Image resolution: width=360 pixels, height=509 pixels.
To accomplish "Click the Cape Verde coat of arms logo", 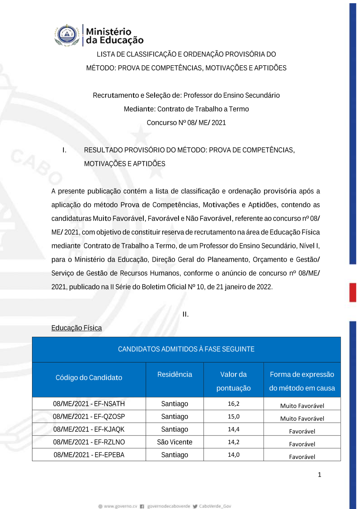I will click(67, 35).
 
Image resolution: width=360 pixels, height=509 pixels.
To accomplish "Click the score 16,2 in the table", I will click(233, 404).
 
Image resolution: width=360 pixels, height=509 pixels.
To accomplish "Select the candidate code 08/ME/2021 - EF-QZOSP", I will click(89, 416).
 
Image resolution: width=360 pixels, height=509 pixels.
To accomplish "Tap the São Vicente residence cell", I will click(175, 442).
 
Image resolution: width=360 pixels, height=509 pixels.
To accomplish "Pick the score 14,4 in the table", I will click(233, 429).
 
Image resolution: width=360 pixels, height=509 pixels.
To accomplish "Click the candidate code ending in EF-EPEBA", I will click(89, 455).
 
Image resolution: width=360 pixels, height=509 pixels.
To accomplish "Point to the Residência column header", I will click(175, 374).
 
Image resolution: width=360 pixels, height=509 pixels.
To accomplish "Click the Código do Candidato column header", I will click(89, 378).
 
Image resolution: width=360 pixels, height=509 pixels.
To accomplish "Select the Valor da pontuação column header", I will click(233, 381).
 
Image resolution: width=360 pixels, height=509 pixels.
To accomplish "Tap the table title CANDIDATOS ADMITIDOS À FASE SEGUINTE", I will click(186, 349).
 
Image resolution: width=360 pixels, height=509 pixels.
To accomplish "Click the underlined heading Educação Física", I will click(77, 328).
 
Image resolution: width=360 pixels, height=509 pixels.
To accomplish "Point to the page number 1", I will click(319, 475).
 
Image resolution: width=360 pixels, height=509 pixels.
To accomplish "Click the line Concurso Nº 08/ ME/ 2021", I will click(186, 123).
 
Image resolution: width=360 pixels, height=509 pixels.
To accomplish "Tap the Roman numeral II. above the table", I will click(185, 314).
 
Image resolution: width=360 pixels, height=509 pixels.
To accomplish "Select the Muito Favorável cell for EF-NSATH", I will click(302, 406).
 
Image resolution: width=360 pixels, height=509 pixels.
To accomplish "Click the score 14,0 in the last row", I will click(233, 455).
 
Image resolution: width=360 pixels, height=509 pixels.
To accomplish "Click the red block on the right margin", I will click(352, 292).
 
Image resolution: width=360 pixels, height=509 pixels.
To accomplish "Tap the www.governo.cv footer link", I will click(120, 506).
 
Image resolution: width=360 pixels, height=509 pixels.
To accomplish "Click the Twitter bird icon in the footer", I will click(195, 506).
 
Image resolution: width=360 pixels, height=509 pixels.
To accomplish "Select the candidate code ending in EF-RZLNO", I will click(89, 442).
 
